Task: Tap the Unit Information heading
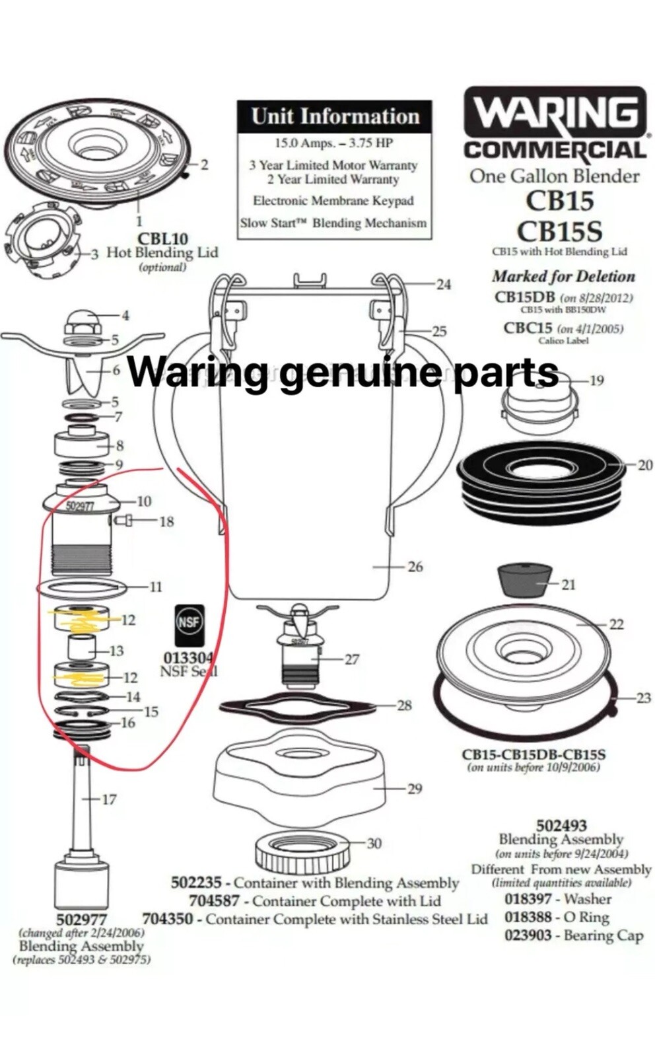(335, 117)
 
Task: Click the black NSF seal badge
(189, 625)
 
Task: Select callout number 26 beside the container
(415, 567)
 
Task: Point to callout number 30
(374, 844)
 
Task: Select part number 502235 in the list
(196, 883)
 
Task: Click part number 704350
(168, 919)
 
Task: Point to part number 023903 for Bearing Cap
(528, 935)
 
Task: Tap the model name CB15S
(559, 232)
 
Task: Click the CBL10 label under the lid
(162, 238)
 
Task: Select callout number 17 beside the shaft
(109, 799)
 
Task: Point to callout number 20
(644, 465)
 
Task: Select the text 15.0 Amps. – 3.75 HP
(333, 143)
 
